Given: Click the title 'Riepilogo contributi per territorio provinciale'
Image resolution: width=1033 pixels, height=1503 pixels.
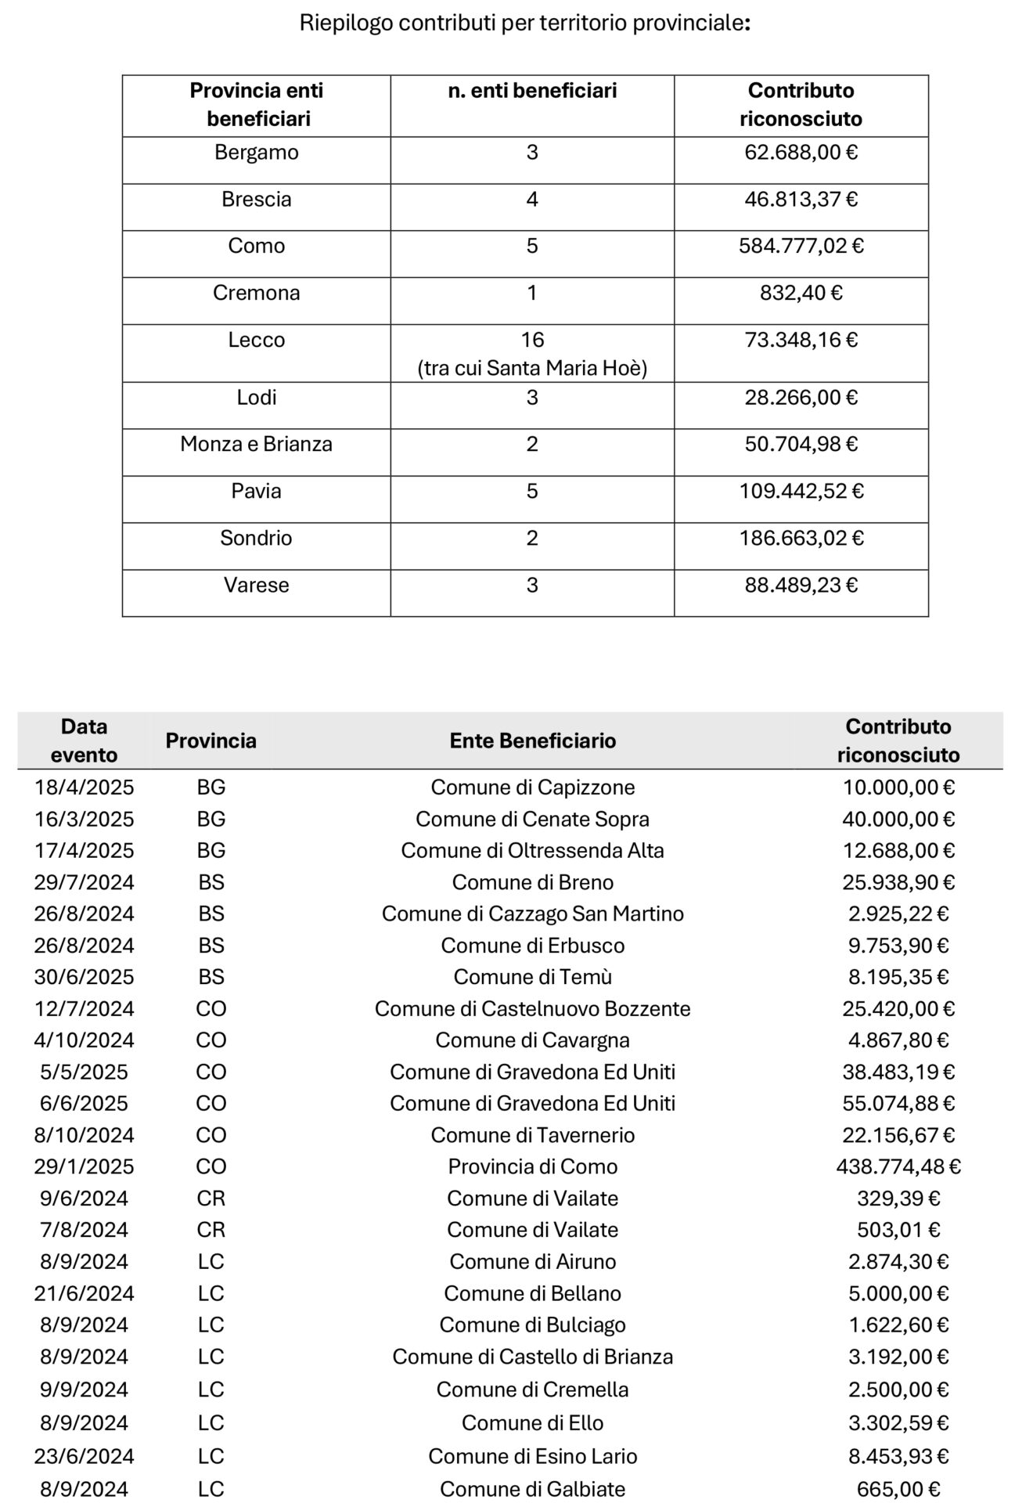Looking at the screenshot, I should point(524,23).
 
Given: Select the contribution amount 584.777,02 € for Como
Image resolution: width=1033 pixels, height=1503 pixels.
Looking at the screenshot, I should point(801,246).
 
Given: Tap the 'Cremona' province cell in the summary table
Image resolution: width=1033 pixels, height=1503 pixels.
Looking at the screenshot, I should point(256,293).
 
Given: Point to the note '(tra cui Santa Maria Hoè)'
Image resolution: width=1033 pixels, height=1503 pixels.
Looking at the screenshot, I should point(532,368).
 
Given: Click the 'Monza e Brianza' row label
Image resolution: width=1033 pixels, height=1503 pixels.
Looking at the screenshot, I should point(256,444).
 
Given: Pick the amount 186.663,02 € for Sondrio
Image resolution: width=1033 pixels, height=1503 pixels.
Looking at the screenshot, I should point(801,538).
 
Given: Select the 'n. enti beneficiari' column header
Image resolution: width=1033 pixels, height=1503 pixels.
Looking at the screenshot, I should point(532,91).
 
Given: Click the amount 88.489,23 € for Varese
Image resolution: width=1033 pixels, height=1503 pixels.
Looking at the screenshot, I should point(801,585).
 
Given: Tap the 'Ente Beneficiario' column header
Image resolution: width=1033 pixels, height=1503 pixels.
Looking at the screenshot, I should point(532,741).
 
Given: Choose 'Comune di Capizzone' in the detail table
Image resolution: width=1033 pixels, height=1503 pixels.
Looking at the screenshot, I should point(532,787).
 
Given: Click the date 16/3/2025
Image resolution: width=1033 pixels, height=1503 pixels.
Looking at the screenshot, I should point(84,819).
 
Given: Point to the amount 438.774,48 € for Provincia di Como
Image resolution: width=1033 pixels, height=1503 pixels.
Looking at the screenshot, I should point(898,1166).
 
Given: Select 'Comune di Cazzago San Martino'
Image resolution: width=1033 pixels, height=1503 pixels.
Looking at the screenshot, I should point(532,914).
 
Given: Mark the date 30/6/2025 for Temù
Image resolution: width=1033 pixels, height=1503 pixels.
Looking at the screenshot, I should point(84,977).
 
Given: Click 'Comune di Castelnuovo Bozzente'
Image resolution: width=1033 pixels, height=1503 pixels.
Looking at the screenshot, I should point(532,1008).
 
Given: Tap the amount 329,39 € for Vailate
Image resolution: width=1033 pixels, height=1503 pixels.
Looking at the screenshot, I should point(898,1198).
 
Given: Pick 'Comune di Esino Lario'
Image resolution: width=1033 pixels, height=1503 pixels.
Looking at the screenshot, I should point(532,1456).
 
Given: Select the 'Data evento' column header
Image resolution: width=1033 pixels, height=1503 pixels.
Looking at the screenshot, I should point(84,741).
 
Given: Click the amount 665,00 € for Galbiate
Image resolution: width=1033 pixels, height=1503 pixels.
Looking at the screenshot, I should point(898,1489).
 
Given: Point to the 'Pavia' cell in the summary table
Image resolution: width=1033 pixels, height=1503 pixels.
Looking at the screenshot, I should point(256,491).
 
